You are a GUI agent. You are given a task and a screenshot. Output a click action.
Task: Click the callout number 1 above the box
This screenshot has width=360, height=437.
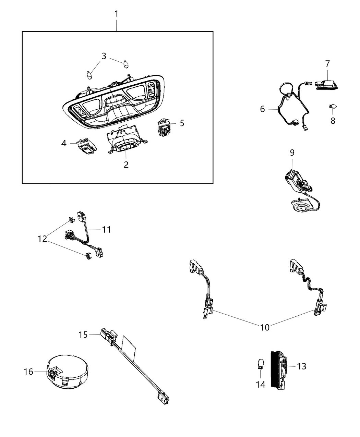pyautogui.click(x=116, y=14)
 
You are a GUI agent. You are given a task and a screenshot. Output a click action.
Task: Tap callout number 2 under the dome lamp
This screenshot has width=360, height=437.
pyautogui.click(x=126, y=165)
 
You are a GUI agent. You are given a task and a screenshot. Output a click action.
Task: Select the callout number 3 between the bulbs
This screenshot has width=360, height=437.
pyautogui.click(x=104, y=56)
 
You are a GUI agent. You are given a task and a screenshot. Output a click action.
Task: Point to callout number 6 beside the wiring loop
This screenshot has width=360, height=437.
pyautogui.click(x=263, y=109)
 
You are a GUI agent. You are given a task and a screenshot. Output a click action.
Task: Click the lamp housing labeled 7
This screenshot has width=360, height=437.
pyautogui.click(x=326, y=84)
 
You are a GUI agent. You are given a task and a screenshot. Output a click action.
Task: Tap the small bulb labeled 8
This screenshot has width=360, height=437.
pyautogui.click(x=332, y=107)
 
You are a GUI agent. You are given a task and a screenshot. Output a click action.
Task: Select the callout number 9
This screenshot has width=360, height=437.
pyautogui.click(x=292, y=153)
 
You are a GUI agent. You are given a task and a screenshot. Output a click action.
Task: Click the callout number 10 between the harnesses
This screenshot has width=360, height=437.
pyautogui.click(x=265, y=327)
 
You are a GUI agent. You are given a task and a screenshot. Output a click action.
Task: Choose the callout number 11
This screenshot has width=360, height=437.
pyautogui.click(x=107, y=229)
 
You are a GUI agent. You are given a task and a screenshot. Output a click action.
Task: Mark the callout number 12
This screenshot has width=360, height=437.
pyautogui.click(x=43, y=239)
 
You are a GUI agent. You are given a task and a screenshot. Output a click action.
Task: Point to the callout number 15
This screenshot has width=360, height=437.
pyautogui.click(x=83, y=335)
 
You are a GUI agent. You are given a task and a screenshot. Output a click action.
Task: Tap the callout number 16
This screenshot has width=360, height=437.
pyautogui.click(x=29, y=371)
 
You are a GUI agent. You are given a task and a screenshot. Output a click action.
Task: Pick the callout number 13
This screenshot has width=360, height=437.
pyautogui.click(x=301, y=366)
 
